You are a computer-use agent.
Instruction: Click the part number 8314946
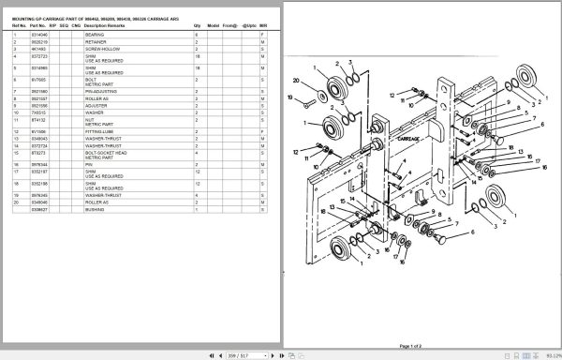[39, 34]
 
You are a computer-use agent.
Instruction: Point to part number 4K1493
[37, 48]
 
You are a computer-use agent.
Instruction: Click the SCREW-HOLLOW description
[99, 48]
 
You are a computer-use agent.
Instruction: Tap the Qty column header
[197, 25]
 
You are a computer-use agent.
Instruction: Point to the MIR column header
[263, 25]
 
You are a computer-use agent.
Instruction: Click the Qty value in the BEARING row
[196, 34]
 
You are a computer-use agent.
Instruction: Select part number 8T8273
[37, 152]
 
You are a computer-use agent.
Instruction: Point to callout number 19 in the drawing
[290, 97]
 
